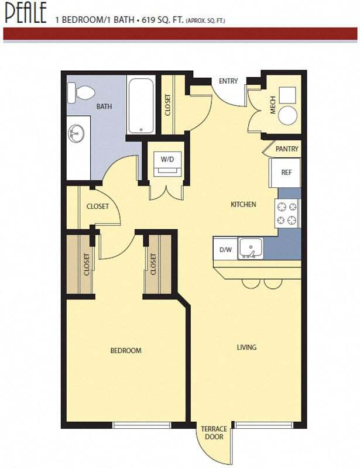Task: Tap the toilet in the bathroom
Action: (x=80, y=92)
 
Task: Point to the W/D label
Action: (x=167, y=159)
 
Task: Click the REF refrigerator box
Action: (x=286, y=173)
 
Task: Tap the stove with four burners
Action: (x=287, y=213)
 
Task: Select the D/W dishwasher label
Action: (x=225, y=250)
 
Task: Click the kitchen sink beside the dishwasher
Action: (x=252, y=249)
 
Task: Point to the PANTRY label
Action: (x=287, y=149)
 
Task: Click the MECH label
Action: (x=272, y=106)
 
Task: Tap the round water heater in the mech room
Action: (x=287, y=115)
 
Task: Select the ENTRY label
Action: (x=228, y=81)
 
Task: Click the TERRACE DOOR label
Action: (x=214, y=433)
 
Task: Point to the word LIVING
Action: (x=246, y=347)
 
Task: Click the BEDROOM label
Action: (x=126, y=350)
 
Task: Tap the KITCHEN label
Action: (x=243, y=205)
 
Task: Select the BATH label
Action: (x=104, y=107)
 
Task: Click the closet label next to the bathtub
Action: (x=167, y=105)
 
